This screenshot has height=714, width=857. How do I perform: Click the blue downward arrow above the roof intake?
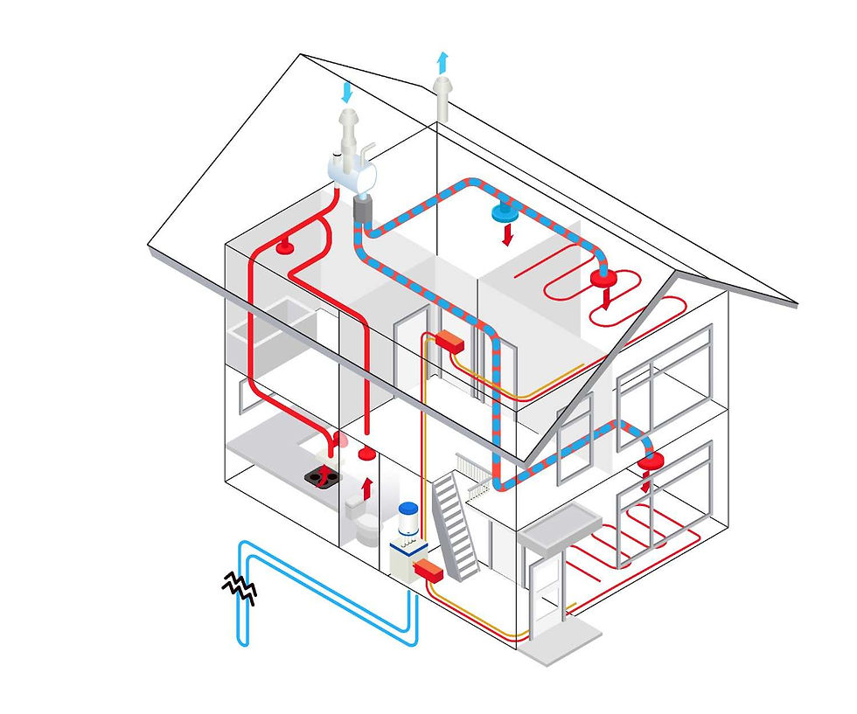pyautogui.click(x=349, y=91)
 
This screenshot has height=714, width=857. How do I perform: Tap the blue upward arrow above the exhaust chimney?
pyautogui.click(x=442, y=62)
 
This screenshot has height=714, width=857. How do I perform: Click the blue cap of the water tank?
pyautogui.click(x=407, y=509)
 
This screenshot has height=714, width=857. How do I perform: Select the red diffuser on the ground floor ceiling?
pyautogui.click(x=648, y=463)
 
